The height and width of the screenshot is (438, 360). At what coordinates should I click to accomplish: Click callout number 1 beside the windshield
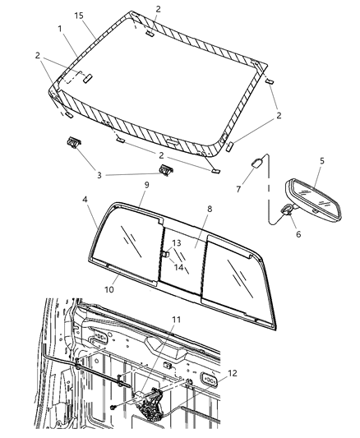(x=60, y=29)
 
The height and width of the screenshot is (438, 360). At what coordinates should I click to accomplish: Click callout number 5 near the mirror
(x=322, y=162)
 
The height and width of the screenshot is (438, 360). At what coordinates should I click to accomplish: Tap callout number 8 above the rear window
(x=210, y=210)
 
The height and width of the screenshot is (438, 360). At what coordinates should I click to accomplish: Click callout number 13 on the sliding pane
(x=176, y=242)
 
